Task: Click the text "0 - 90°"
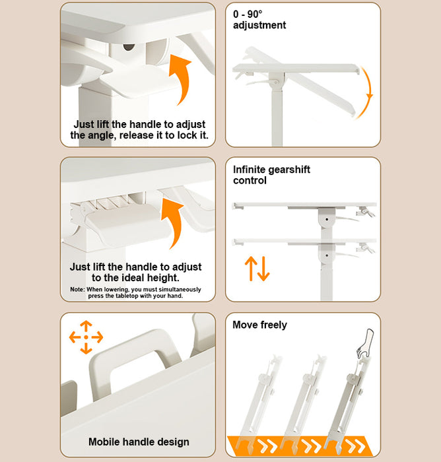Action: tap(248, 14)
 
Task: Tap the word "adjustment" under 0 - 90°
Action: tap(259, 25)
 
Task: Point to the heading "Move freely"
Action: tap(259, 325)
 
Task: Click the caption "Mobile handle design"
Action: tap(139, 442)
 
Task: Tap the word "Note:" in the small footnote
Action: tap(77, 289)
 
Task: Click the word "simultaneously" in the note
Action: tap(180, 289)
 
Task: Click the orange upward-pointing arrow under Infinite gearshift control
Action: tap(251, 269)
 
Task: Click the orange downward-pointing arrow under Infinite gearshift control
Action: tap(263, 269)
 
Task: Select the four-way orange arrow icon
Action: tap(86, 337)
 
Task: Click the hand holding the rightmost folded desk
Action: tap(366, 343)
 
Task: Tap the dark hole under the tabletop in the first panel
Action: tap(129, 47)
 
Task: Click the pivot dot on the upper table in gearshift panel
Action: tap(327, 219)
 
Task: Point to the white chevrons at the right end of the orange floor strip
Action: tap(355, 445)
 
